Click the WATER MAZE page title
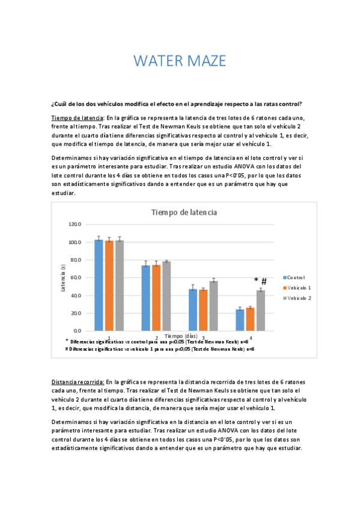point(180,61)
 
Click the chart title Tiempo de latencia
point(184,212)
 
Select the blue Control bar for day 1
point(99,285)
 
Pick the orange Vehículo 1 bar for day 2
point(156,297)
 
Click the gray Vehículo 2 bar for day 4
point(260,310)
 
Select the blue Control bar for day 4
point(240,320)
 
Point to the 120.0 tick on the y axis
point(75,224)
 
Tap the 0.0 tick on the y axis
point(77,331)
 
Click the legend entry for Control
point(294,277)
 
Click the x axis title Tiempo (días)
point(180,335)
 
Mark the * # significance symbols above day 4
point(260,281)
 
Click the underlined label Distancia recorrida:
point(78,382)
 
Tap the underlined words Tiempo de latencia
point(78,118)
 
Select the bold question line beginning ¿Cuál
point(177,103)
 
